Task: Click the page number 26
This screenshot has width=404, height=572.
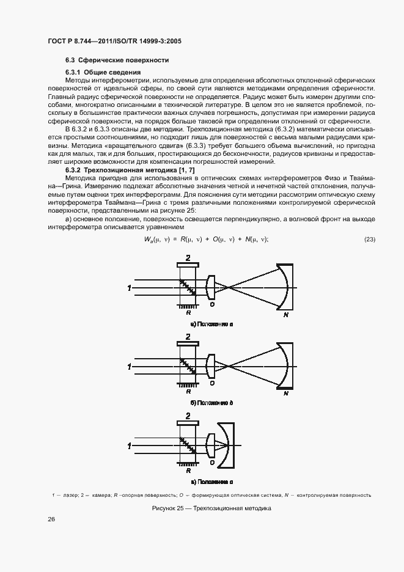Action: click(51, 519)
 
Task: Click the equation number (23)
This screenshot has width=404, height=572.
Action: click(370, 239)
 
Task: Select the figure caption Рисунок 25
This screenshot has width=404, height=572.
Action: click(202, 508)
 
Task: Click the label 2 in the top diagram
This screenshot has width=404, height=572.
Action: click(188, 258)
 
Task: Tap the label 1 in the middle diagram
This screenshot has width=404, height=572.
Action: click(129, 367)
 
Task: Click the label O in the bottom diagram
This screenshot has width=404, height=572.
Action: click(211, 463)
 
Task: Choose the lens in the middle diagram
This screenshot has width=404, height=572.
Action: click(210, 366)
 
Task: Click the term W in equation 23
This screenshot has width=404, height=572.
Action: click(147, 240)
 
